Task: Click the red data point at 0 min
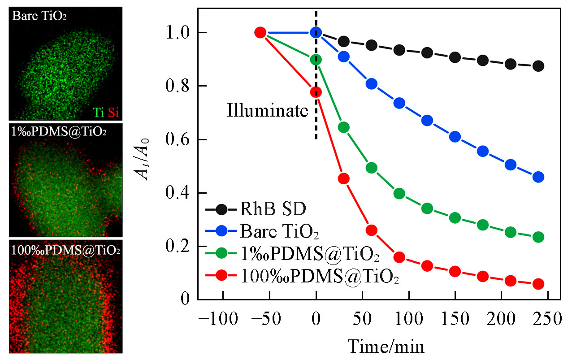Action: (316, 92)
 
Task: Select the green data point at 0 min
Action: (316, 60)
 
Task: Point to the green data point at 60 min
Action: (372, 168)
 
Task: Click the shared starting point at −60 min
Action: (260, 32)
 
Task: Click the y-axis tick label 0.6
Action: (177, 140)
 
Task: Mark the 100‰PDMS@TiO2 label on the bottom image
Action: (66, 249)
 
